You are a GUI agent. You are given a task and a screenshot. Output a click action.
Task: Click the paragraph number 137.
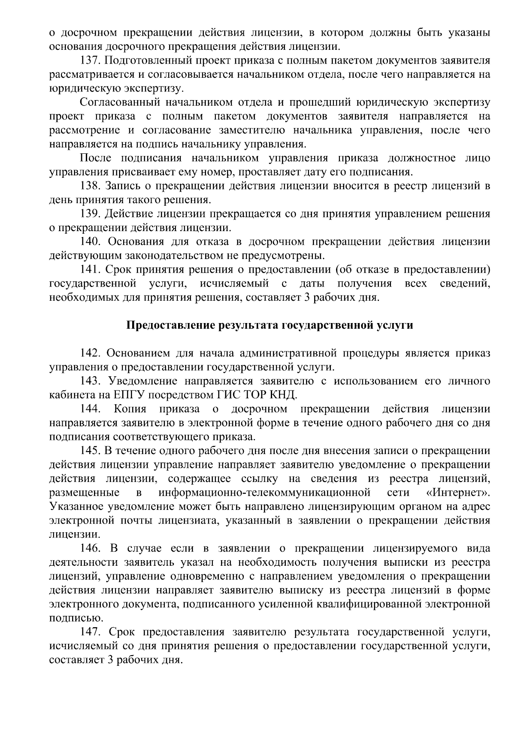pos(91,61)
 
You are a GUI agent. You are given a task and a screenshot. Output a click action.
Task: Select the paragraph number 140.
pos(91,242)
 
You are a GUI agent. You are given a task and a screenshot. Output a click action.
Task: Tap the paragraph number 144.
pos(91,409)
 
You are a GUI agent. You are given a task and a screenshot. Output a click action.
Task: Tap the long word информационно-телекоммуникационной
pos(264,492)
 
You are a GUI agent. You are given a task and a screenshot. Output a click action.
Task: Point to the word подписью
pos(71,618)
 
